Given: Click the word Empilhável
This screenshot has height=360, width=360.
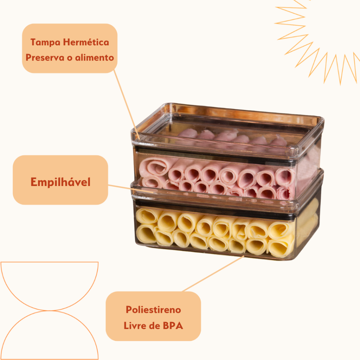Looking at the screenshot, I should tap(60, 182).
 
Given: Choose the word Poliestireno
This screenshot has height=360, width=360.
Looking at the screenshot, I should tap(153, 310).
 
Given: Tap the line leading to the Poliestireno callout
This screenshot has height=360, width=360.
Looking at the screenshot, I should tap(211, 274).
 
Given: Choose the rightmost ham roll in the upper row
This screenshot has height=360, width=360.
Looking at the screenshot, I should tap(284, 175).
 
